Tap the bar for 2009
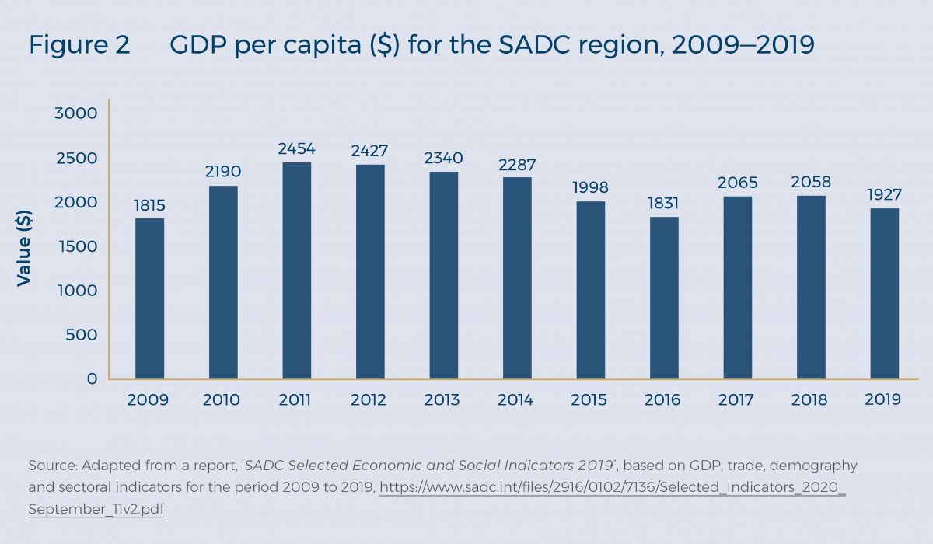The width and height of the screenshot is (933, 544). point(149,298)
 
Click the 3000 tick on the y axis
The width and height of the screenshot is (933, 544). point(76,113)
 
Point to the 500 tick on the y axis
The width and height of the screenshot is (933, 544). point(82,335)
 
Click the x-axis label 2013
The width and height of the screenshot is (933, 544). point(442,400)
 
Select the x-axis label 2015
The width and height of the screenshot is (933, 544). point(589,400)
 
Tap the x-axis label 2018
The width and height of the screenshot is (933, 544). point(809,400)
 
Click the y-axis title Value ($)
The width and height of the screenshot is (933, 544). point(24,246)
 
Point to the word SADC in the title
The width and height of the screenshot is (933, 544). point(547,46)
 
